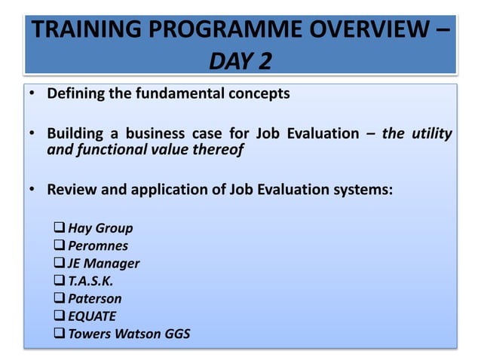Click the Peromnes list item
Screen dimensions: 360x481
(x=98, y=246)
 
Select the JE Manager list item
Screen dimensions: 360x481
(x=103, y=264)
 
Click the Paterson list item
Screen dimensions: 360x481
(x=95, y=298)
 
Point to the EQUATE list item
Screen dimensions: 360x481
(x=92, y=316)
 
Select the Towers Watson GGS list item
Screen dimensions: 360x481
(x=128, y=334)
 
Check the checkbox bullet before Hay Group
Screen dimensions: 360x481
(x=60, y=228)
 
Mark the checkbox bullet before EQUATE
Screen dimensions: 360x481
(x=60, y=316)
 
